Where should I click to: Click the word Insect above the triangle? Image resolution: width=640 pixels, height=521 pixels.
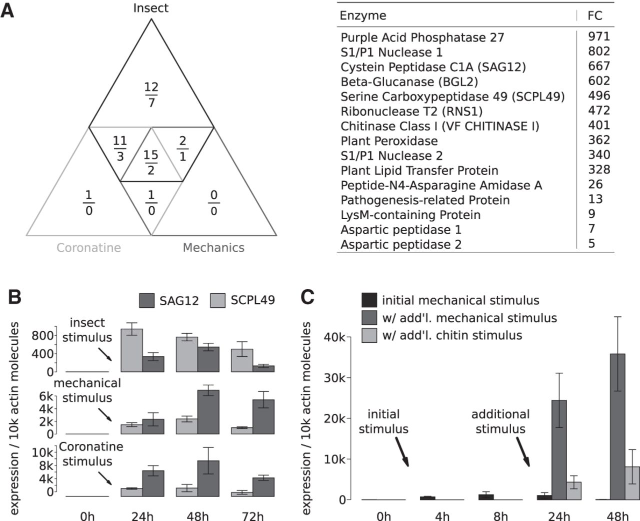coord(151,8)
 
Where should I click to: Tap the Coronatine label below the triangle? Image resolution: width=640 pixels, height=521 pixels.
coord(88,247)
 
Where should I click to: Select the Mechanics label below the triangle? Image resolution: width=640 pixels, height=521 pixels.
coord(213,247)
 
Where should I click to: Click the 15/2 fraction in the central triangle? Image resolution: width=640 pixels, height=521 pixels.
coord(151,162)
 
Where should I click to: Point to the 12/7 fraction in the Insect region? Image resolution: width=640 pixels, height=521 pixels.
coord(151,95)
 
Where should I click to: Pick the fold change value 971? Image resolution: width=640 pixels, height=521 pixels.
coord(599,37)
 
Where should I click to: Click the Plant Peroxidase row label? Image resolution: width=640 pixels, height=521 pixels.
coord(389,141)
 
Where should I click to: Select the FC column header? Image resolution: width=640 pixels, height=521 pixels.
coord(595,16)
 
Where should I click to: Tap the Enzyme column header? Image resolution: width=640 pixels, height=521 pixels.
coord(363,16)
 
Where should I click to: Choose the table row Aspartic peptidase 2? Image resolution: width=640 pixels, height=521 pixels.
coord(401,244)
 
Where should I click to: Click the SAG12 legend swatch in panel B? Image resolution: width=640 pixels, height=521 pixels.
coord(146,301)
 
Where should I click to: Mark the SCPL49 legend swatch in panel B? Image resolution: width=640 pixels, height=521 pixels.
coord(218,301)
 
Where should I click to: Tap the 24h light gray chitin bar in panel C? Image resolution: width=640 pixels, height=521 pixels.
coord(573,490)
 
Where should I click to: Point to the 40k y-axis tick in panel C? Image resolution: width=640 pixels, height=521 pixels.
coord(334,337)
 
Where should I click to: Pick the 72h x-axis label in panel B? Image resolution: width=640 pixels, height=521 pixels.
coord(253,515)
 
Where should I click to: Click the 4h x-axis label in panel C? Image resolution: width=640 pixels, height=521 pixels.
coord(442,515)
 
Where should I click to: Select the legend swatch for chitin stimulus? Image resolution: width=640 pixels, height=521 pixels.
coord(369,335)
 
